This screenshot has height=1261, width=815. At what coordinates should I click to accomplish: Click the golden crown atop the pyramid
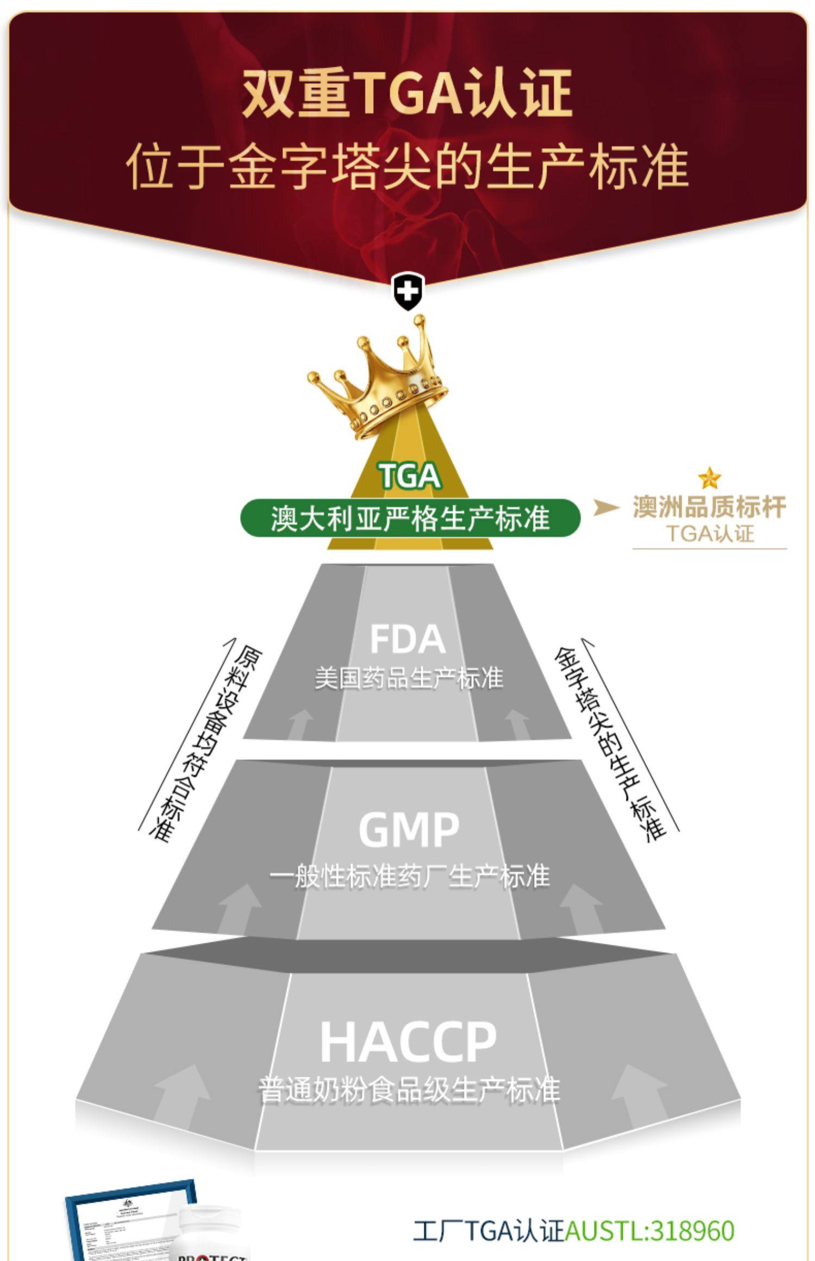[x=380, y=380]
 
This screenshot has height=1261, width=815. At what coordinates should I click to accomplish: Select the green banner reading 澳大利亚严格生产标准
[x=410, y=518]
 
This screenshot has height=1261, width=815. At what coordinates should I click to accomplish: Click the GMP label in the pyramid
[x=409, y=829]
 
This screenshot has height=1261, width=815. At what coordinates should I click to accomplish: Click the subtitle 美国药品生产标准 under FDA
[x=409, y=678]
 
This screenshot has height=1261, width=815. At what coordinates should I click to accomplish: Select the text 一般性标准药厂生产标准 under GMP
[x=409, y=877]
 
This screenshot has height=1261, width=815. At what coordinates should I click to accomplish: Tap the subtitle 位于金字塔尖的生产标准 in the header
[x=407, y=166]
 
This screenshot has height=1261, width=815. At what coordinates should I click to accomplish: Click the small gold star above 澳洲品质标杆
[x=710, y=478]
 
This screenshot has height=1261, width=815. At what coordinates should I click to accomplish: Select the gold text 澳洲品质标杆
[x=709, y=507]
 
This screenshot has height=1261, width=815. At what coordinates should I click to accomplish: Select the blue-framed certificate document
[x=130, y=1222]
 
